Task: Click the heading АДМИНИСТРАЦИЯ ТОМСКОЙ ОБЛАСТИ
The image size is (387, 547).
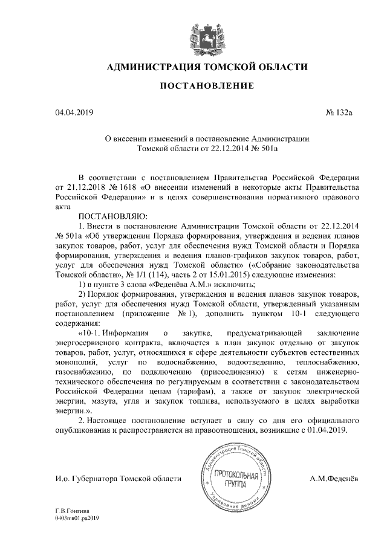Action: point(206,67)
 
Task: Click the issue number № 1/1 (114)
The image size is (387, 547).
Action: point(128,274)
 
